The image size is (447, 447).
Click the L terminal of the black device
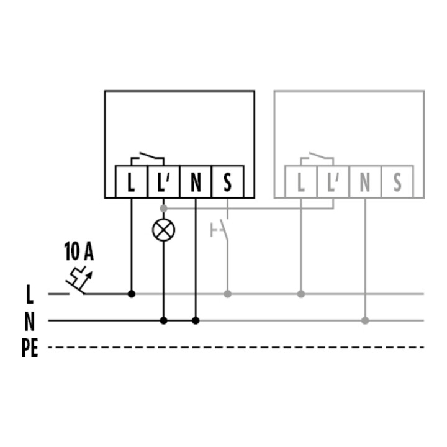pos(132,181)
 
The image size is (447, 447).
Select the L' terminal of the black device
pos(164,181)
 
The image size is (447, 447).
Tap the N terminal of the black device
pos(196,181)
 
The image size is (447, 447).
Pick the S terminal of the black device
pos(227,181)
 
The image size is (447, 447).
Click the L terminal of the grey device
pos(300,181)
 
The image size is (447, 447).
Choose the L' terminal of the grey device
pos(333,181)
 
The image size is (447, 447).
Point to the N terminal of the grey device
pos(365,181)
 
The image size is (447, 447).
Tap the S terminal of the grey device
pos(397,181)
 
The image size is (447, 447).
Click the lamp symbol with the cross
pos(164,230)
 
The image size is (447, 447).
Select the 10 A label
pos(79,251)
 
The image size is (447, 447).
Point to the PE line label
pos(30,348)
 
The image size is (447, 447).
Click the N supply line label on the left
pos(30,322)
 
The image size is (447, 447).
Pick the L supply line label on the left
pos(30,294)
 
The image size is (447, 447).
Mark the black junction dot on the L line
pos(132,294)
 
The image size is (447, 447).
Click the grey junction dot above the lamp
pos(164,209)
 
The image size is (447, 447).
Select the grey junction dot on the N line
pos(365,321)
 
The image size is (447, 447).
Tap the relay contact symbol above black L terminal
pos(147,159)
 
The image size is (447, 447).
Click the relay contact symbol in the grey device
pos(317,159)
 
